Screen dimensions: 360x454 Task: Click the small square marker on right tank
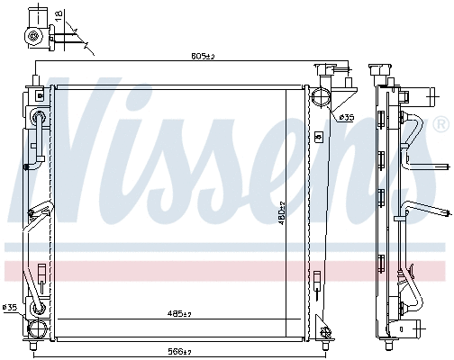(317, 136)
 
